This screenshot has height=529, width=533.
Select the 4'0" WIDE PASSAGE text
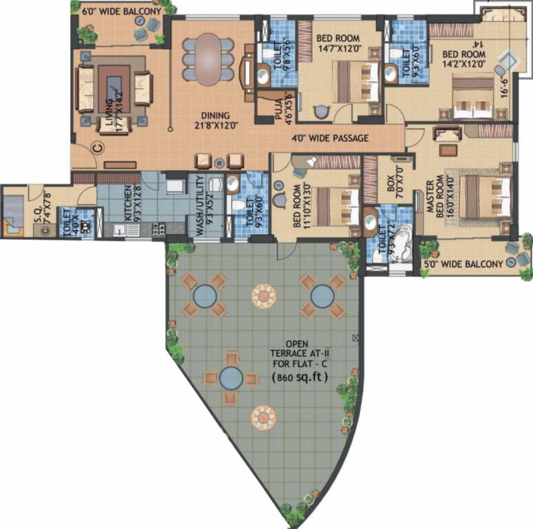330,138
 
